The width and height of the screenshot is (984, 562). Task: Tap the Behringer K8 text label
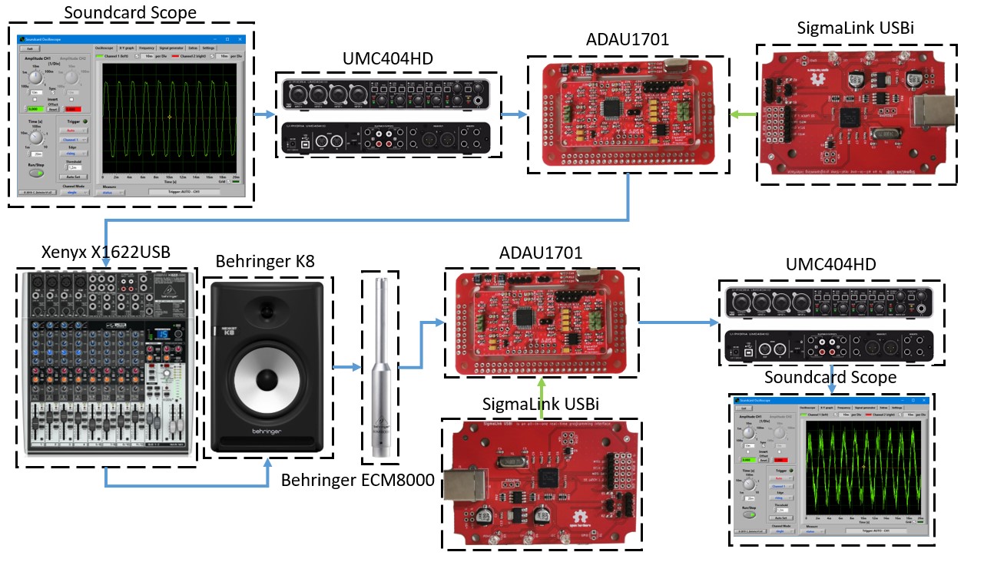[x=267, y=263]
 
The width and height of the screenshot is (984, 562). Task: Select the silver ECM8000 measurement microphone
[x=379, y=369]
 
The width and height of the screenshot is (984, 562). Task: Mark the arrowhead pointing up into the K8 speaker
[x=267, y=463]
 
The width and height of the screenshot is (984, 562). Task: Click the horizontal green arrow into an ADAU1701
[x=742, y=115]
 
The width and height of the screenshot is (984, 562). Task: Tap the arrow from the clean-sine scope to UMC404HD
[x=263, y=115]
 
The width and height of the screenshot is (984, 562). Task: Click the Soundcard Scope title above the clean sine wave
[x=130, y=13]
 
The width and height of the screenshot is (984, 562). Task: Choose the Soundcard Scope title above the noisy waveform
[x=830, y=377]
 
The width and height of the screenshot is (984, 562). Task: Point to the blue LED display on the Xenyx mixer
[x=162, y=335]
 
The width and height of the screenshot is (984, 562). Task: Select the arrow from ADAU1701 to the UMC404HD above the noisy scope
[x=676, y=321]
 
